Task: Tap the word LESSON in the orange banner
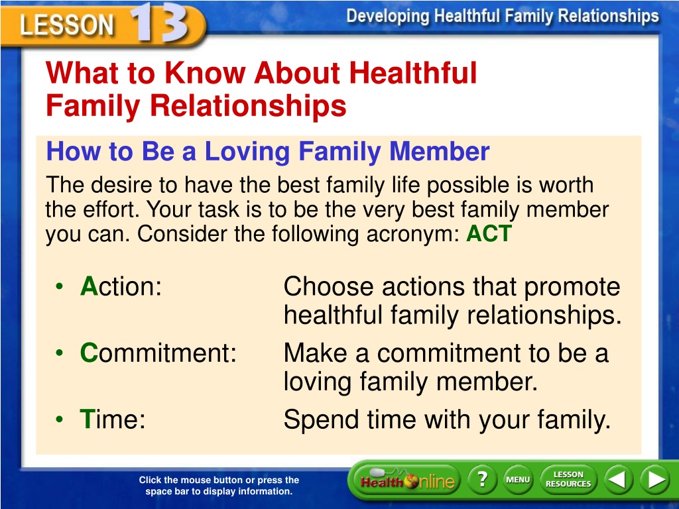point(67,25)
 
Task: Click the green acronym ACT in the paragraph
point(489,233)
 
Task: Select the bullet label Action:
point(121,286)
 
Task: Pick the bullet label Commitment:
point(158,353)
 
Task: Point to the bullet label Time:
point(113,419)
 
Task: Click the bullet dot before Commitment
point(59,353)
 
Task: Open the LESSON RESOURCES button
point(568,480)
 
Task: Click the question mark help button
point(483,480)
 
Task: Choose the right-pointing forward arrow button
point(654,480)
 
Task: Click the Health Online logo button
point(406,480)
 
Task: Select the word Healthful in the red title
point(412,72)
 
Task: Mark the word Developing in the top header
point(387,17)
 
